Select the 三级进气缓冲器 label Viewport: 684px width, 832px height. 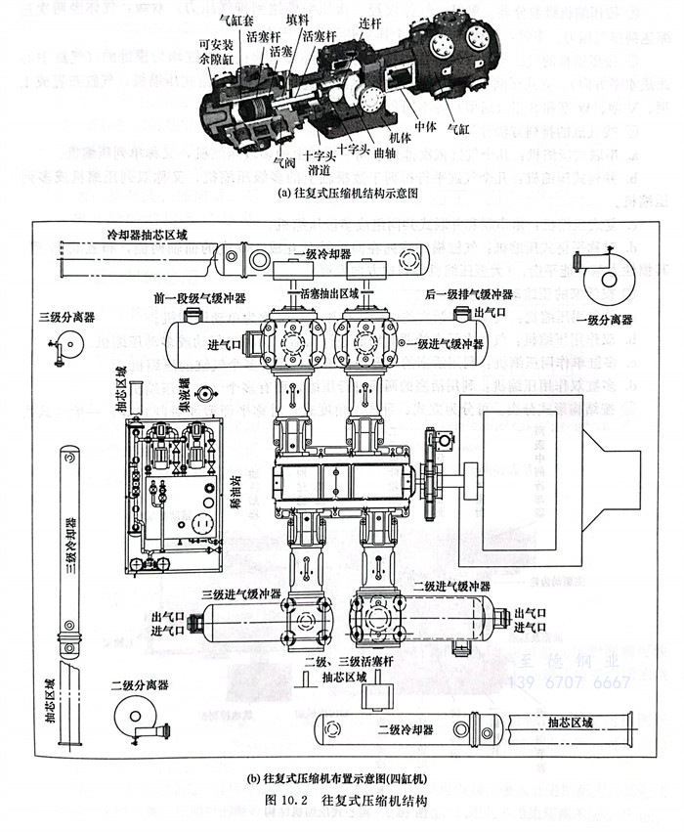tap(241, 593)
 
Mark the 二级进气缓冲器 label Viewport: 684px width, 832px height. tap(451, 585)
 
